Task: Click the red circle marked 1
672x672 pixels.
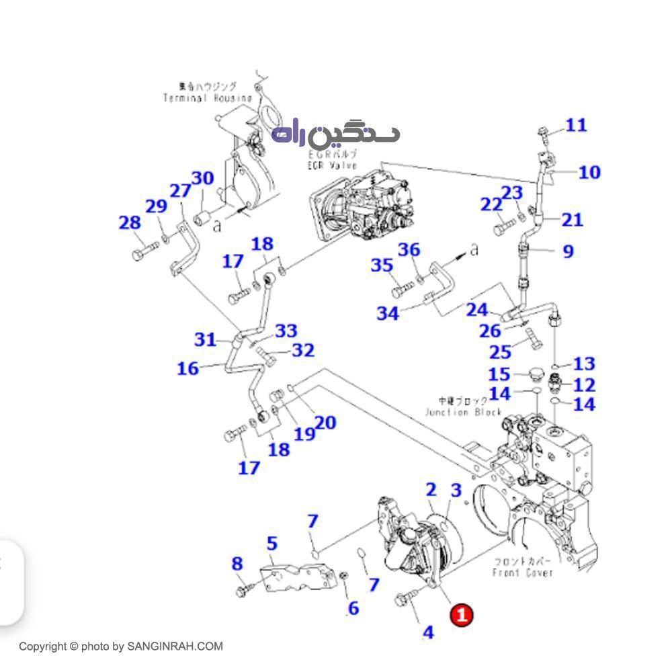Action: coord(462,614)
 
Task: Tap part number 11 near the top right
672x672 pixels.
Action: coord(575,125)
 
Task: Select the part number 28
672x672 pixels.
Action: coord(130,222)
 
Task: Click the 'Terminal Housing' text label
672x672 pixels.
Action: coord(207,98)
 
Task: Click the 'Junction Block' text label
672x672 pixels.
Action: coord(463,412)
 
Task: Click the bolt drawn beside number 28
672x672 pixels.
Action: coord(144,254)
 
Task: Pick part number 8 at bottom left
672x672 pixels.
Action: coord(237,563)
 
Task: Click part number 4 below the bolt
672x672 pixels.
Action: coord(428,632)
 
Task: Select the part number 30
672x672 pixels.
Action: coord(202,178)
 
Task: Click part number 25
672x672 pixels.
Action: coord(499,352)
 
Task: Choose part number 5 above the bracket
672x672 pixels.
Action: coord(271,543)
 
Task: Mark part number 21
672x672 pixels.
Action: coord(572,219)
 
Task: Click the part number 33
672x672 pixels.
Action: coord(286,331)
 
